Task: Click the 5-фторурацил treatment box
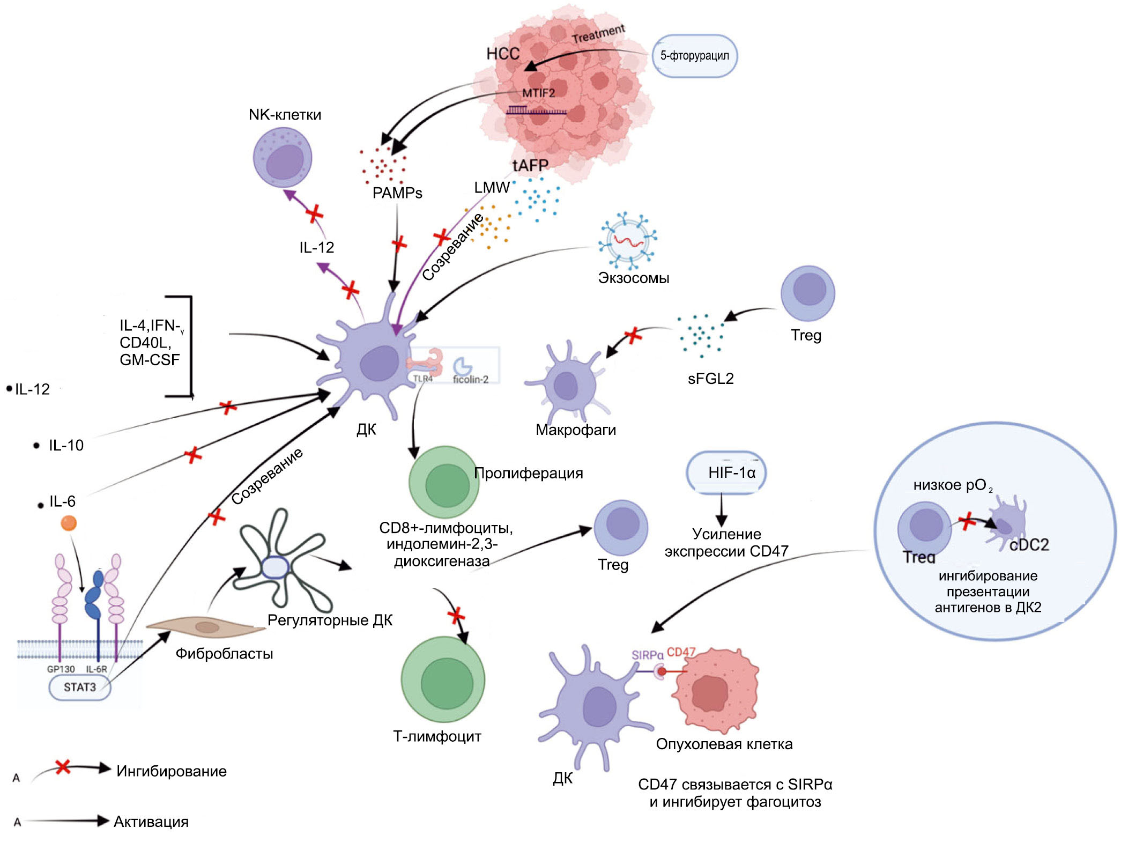pyautogui.click(x=694, y=56)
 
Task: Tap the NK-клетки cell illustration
pyautogui.click(x=283, y=159)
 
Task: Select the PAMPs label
pyautogui.click(x=397, y=193)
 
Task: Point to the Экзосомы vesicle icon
pyautogui.click(x=628, y=241)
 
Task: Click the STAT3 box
pyautogui.click(x=79, y=687)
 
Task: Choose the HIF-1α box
pyautogui.click(x=726, y=472)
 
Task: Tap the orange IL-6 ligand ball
pyautogui.click(x=69, y=523)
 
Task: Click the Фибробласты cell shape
pyautogui.click(x=206, y=627)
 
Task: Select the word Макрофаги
pyautogui.click(x=576, y=430)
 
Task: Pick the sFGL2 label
pyautogui.click(x=710, y=379)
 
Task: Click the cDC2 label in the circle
pyautogui.click(x=1029, y=545)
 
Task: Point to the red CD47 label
pyautogui.click(x=681, y=652)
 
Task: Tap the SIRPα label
pyautogui.click(x=647, y=655)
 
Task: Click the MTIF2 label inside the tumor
pyautogui.click(x=538, y=93)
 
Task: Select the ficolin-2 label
pyautogui.click(x=470, y=380)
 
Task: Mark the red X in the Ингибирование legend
pyautogui.click(x=63, y=767)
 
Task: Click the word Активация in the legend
pyautogui.click(x=151, y=822)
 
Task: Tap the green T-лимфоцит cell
pyautogui.click(x=443, y=681)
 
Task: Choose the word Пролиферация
pyautogui.click(x=529, y=473)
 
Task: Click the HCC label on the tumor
pyautogui.click(x=503, y=54)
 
